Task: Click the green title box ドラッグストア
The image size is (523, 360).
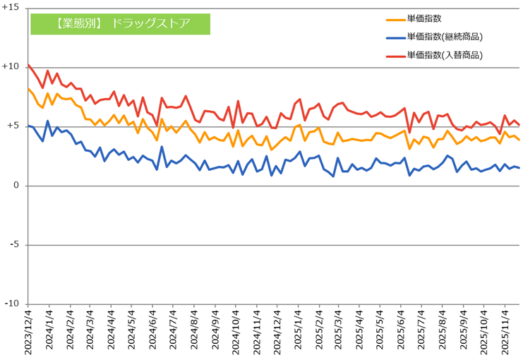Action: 121,23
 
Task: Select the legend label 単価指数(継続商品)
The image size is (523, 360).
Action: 449,37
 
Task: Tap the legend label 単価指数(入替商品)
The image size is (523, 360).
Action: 449,55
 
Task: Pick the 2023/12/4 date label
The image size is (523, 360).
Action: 29,332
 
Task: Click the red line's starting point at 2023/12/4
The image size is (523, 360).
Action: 28,65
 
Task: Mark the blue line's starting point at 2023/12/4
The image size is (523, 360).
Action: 28,126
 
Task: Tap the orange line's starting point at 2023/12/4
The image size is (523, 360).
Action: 28,89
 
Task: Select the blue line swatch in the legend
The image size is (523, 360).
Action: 395,37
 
